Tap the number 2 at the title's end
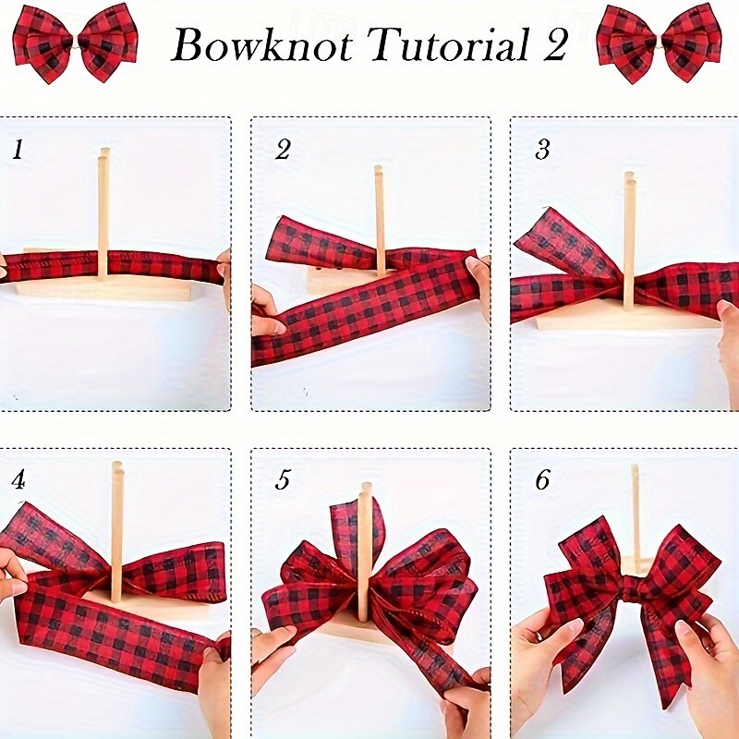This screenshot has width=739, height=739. coord(554,45)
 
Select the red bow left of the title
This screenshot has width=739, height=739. coord(76,42)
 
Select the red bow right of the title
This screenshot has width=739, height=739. coord(659,42)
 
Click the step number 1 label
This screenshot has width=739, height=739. coord(18,150)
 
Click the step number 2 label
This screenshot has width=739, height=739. coord(282,150)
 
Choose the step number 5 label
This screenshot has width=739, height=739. coord(282,480)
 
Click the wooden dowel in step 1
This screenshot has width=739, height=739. coord(103,203)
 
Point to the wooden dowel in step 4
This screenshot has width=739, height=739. coord(116,517)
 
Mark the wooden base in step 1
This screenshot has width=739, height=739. coord(102,290)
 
